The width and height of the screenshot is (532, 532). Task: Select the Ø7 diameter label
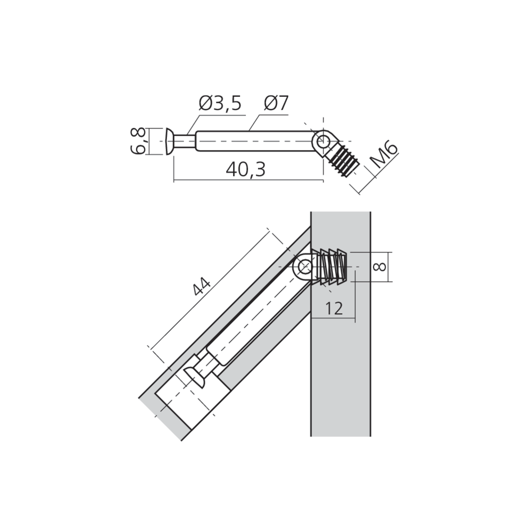click(276, 103)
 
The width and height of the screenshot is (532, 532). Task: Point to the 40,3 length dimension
click(245, 170)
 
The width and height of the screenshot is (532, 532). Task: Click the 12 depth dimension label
click(334, 308)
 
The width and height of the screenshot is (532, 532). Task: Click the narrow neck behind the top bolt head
click(185, 142)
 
